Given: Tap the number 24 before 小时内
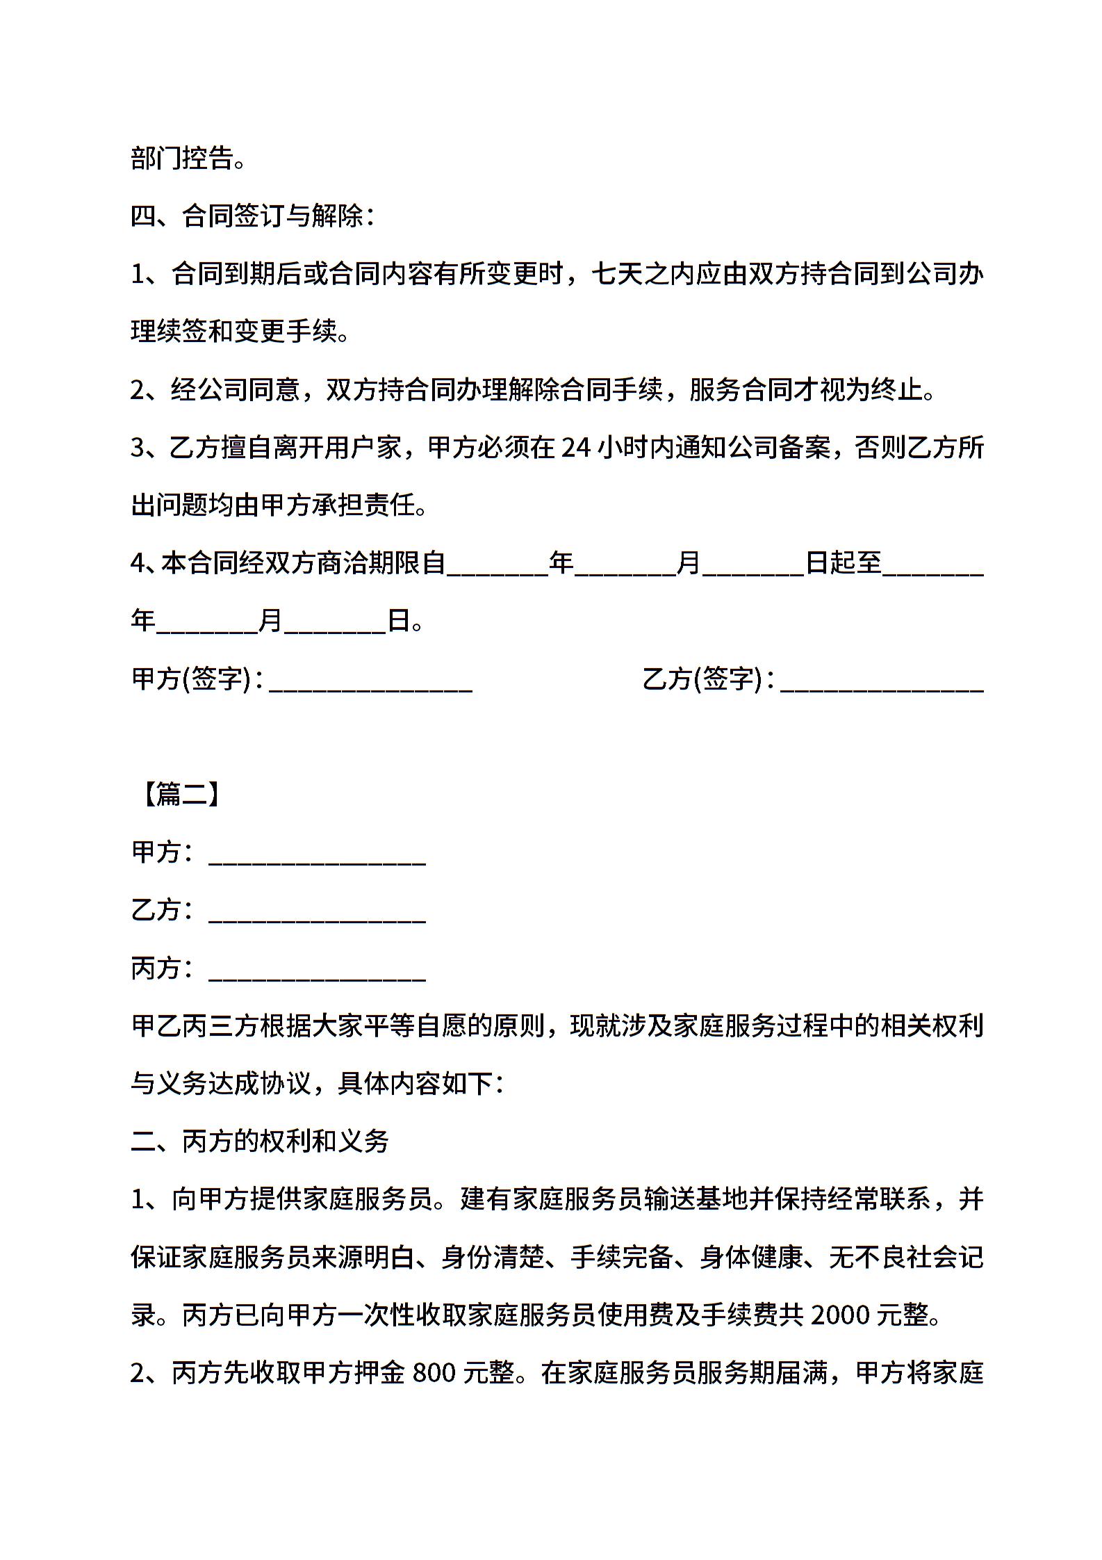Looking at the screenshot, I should pos(576,447).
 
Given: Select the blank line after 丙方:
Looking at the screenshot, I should pos(317,970).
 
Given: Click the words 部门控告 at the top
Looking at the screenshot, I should pos(182,159).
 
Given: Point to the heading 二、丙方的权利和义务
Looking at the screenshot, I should pos(260,1141).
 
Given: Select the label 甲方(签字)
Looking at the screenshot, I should pos(190,679).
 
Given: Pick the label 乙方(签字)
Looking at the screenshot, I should pos(702,679).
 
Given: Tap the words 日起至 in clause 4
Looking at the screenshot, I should pos(844,562).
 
